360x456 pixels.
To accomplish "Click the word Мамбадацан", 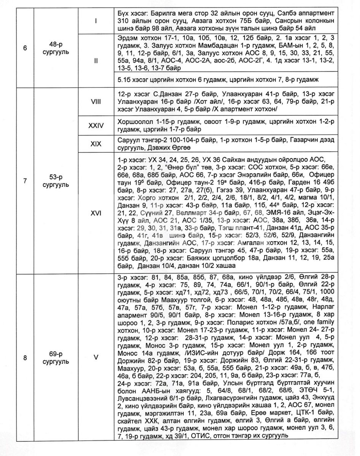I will pos(197,46).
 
